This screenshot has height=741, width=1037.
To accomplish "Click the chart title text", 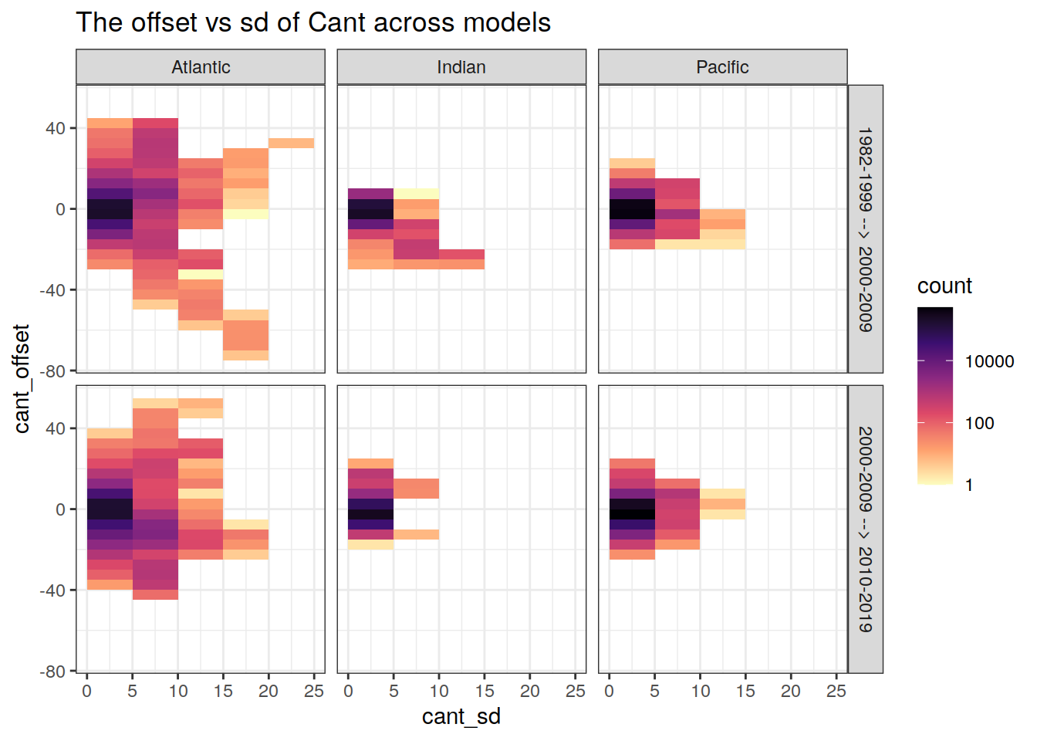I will (313, 23).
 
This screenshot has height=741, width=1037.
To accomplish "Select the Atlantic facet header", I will (201, 67).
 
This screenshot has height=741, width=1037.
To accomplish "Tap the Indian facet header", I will (461, 67).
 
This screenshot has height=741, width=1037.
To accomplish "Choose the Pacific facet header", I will (722, 67).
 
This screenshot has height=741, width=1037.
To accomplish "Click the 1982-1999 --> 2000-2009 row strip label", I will (866, 229).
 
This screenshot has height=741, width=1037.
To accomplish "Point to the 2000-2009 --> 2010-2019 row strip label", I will (866, 530).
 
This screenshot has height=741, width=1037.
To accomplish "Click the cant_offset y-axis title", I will (22, 378).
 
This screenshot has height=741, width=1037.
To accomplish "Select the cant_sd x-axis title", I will (461, 717).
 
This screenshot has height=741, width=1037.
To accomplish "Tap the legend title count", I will (944, 286).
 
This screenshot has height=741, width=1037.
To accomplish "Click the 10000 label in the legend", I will (989, 362).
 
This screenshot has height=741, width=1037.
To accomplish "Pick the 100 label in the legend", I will (979, 424).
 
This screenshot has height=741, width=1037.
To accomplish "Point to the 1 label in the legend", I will (969, 486).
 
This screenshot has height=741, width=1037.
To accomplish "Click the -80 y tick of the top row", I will (54, 371).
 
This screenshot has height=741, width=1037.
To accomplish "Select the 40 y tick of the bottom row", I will (56, 428).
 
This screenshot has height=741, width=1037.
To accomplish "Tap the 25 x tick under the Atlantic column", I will (313, 692).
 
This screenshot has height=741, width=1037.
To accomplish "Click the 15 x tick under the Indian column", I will (485, 692).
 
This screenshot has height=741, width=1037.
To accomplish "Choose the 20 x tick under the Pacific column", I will (791, 692).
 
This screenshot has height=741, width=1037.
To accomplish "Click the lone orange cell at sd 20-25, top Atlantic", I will (291, 143).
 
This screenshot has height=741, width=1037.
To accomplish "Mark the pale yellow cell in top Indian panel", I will (416, 194).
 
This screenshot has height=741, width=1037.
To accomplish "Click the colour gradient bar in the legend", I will (935, 395).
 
